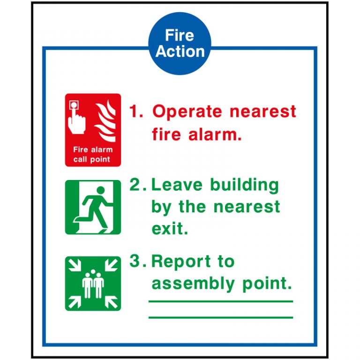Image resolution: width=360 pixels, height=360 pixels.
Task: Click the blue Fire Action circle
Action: pyautogui.click(x=180, y=44)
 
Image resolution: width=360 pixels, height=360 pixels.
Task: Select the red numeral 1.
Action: pyautogui.click(x=135, y=112)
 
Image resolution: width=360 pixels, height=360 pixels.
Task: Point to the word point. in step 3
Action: pyautogui.click(x=267, y=284)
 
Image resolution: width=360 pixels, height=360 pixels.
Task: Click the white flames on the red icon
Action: pyautogui.click(x=105, y=121)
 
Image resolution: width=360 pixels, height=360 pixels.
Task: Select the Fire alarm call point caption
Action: pyautogui.click(x=93, y=155)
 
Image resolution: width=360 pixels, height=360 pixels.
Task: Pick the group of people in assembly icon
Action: pyautogui.click(x=93, y=284)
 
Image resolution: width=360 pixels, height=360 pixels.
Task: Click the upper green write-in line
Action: pyautogui.click(x=220, y=301)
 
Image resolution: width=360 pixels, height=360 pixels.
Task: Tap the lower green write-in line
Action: pyautogui.click(x=220, y=317)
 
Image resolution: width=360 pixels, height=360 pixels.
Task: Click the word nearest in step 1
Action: pyautogui.click(x=262, y=112)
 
